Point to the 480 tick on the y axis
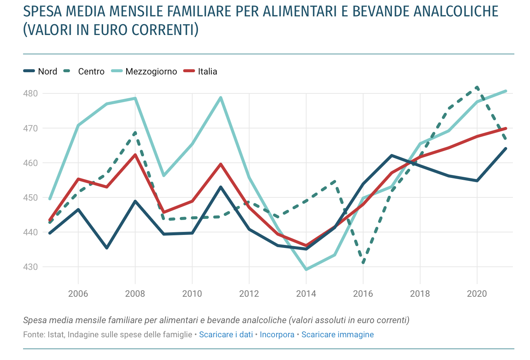[x=31, y=93]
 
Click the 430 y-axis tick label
[x=31, y=267]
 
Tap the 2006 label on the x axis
[x=78, y=294]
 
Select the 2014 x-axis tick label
[x=306, y=294]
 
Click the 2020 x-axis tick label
[x=477, y=294]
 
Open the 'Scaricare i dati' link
[x=226, y=335]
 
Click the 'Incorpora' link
[x=277, y=335]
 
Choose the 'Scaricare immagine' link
[x=338, y=335]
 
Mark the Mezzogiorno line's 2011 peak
[x=221, y=98]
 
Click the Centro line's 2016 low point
[x=363, y=263]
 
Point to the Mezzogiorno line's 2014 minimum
[x=306, y=270]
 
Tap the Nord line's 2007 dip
[x=107, y=248]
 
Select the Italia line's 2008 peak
[x=135, y=154]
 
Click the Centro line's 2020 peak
[x=477, y=87]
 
